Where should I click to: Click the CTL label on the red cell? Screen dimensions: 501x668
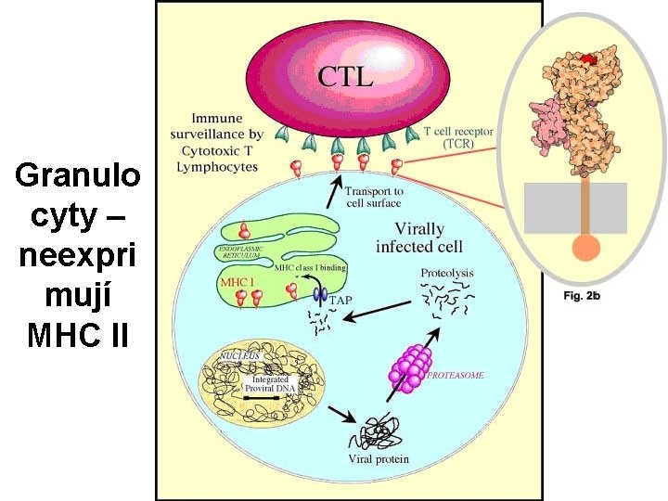pos(345,74)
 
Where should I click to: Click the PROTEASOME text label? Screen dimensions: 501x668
pos(456,375)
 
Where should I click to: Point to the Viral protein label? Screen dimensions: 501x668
pos(378,459)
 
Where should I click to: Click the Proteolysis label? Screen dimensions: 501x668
pos(446,273)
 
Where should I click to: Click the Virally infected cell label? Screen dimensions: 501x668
pos(419,237)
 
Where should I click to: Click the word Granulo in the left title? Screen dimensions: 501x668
pos(78,173)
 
